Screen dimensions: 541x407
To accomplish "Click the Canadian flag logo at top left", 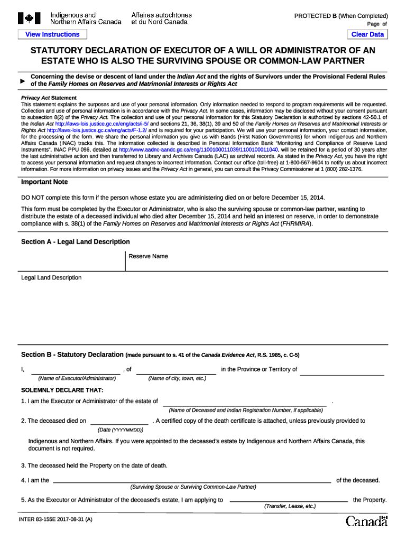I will coord(29,19).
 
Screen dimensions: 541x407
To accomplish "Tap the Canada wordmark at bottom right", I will coord(367,521).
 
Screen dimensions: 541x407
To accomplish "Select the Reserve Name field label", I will coord(148,256).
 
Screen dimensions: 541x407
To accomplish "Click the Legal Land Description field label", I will coord(51,277).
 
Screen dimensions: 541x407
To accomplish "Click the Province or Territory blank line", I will coord(341,371).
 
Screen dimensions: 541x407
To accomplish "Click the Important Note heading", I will coord(44,182).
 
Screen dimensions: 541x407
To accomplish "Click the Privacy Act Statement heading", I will coord(49,98).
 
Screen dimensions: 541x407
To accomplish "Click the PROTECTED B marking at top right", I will coord(340,16).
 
